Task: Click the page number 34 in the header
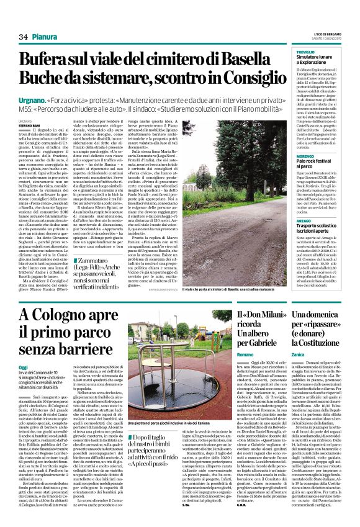point(23,37)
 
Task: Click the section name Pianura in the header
point(45,37)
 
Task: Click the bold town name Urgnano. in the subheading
point(53,99)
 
